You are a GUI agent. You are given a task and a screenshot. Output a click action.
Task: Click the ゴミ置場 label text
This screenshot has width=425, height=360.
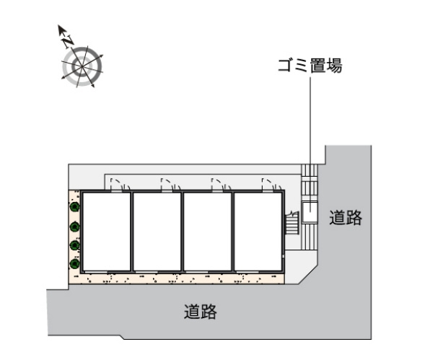click(x=310, y=66)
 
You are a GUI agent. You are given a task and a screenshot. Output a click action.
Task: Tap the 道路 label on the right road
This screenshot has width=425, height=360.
click(x=346, y=217)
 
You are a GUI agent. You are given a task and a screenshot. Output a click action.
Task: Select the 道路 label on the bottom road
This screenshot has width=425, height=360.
click(x=201, y=312)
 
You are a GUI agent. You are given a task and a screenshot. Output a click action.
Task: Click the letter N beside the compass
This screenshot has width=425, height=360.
click(x=68, y=40)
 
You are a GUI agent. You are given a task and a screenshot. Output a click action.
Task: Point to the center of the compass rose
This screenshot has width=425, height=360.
click(x=82, y=66)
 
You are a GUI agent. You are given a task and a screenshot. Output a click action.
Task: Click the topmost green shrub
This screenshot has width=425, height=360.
click(x=74, y=207)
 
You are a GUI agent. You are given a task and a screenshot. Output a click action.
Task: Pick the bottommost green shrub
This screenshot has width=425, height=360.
click(x=74, y=264)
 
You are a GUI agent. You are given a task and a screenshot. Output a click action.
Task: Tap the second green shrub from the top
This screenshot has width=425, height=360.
click(x=74, y=227)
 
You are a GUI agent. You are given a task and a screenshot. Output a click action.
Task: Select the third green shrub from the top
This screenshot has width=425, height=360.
click(x=74, y=245)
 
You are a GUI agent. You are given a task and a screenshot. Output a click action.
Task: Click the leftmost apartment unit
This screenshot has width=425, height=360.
click(x=107, y=232)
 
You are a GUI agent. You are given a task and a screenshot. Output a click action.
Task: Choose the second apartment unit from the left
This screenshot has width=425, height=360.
click(x=157, y=232)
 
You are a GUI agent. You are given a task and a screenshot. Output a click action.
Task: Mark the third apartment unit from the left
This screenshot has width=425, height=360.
click(x=208, y=232)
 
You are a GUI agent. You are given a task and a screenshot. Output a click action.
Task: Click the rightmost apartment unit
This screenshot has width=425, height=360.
click(x=258, y=232)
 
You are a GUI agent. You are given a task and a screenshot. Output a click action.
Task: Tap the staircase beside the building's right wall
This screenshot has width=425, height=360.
click(x=292, y=222)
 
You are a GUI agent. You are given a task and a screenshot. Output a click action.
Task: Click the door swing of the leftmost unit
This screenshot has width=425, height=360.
click(x=120, y=184)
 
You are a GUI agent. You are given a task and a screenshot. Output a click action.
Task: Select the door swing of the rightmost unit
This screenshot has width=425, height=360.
click(x=272, y=184)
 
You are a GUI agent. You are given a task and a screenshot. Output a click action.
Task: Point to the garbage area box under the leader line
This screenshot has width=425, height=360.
click(x=310, y=212)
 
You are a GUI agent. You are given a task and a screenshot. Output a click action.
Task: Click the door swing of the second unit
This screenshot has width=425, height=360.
click(x=171, y=184)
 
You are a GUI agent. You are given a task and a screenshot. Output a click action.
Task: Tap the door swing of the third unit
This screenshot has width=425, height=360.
click(x=222, y=184)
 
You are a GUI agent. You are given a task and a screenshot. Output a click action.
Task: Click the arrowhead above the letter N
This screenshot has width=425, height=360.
click(x=61, y=29)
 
